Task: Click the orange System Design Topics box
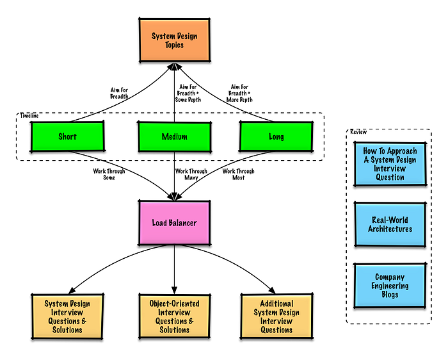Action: pyautogui.click(x=174, y=40)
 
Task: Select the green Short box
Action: pyautogui.click(x=67, y=136)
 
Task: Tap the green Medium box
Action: pyautogui.click(x=174, y=137)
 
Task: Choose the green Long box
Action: pyautogui.click(x=276, y=136)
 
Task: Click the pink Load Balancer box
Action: pyautogui.click(x=174, y=223)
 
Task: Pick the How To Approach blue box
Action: pyautogui.click(x=390, y=164)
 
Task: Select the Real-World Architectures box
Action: pyautogui.click(x=390, y=224)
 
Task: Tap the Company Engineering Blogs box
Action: pyautogui.click(x=390, y=286)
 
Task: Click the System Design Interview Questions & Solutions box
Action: pyautogui.click(x=67, y=316)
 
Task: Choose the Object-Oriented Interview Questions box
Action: pyautogui.click(x=174, y=316)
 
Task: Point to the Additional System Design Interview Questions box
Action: pyautogui.click(x=276, y=316)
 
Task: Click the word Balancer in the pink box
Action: pyautogui.click(x=184, y=223)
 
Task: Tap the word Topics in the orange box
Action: pyautogui.click(x=174, y=45)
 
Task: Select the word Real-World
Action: pyautogui.click(x=390, y=220)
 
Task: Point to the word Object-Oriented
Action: pyautogui.click(x=174, y=304)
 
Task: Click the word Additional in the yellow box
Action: pyautogui.click(x=276, y=304)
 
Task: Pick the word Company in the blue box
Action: pyautogui.click(x=390, y=277)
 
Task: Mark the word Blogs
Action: pyautogui.click(x=390, y=295)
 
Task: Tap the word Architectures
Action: pyautogui.click(x=390, y=229)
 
